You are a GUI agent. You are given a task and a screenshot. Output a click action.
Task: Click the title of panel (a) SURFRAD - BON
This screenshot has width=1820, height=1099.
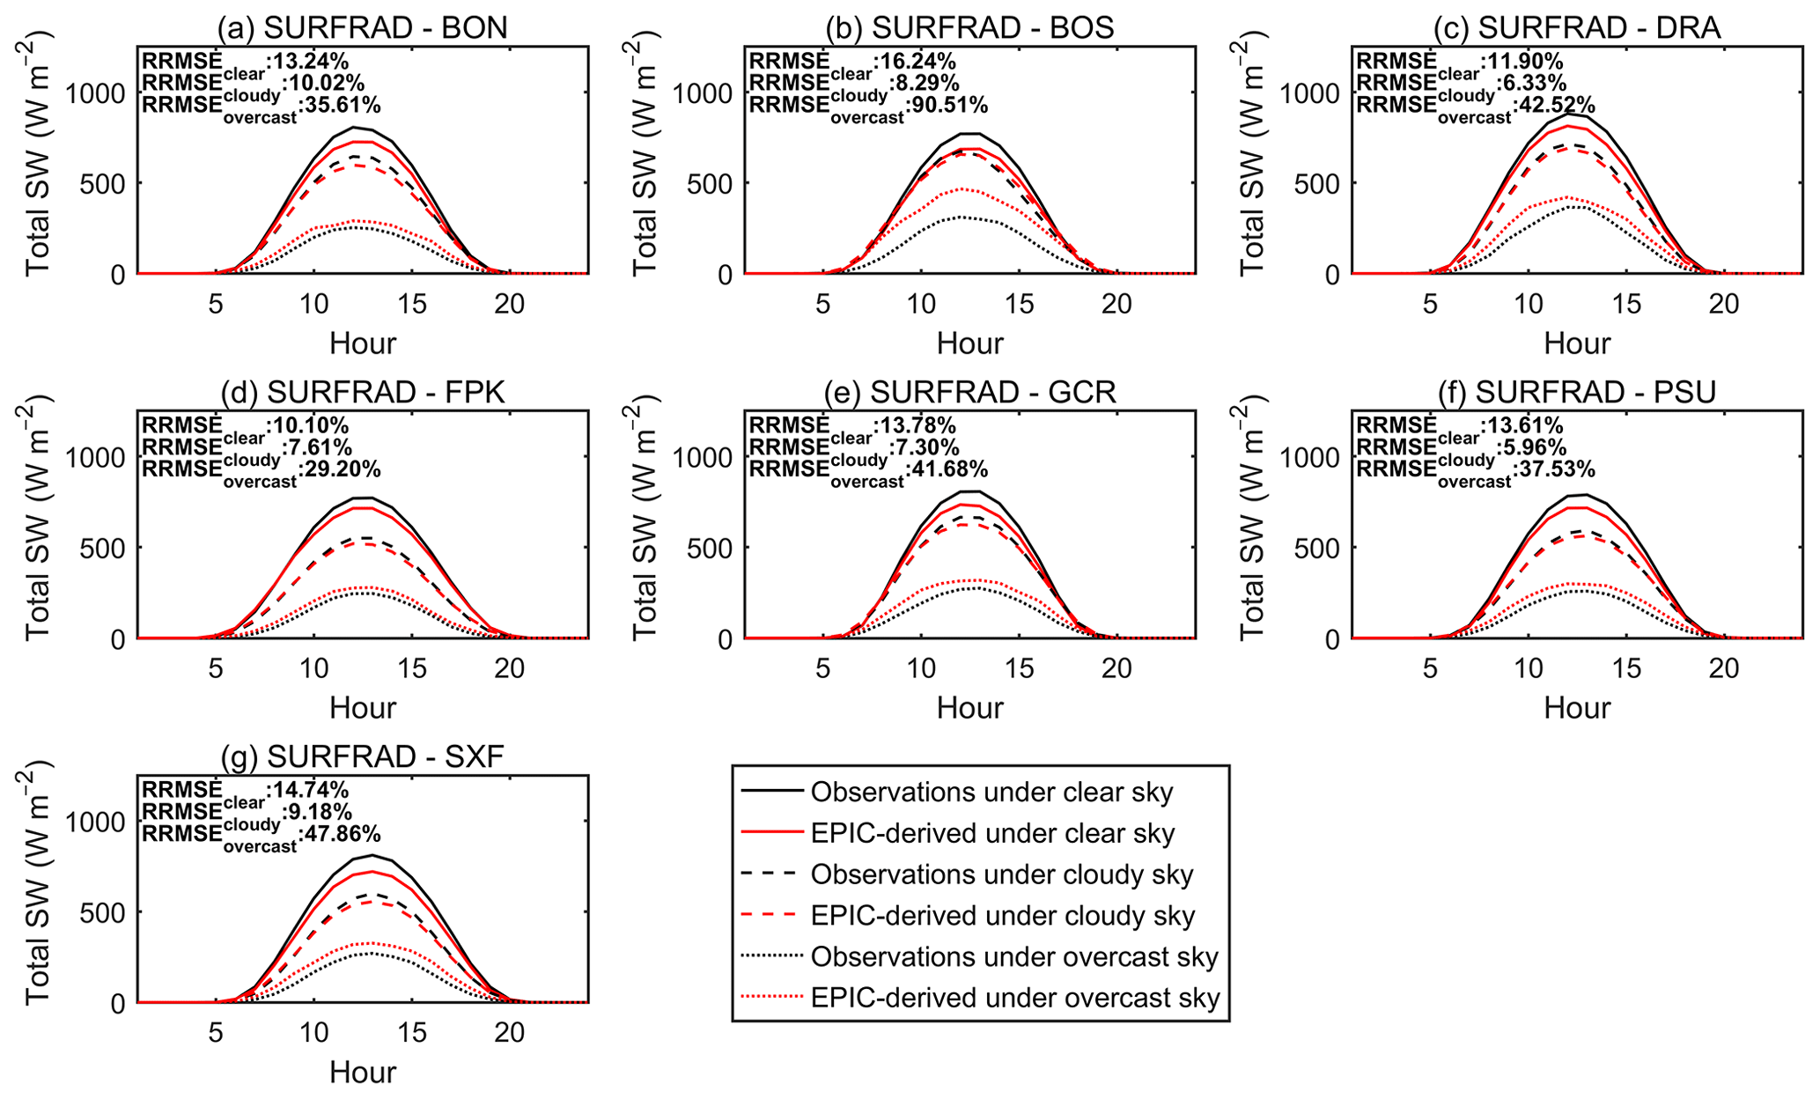pos(363,27)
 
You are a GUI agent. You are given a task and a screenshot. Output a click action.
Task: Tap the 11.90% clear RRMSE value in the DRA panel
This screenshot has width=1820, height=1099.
pos(1522,62)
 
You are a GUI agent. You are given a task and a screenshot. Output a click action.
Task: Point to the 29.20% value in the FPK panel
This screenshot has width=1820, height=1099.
pos(341,469)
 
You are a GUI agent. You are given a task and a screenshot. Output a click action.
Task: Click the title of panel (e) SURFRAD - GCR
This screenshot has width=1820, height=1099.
pos(969,392)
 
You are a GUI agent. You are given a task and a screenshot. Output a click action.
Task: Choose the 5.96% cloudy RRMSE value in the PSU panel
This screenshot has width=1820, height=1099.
pos(1535,447)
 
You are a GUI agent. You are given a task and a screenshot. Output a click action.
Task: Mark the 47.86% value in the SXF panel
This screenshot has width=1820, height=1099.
pos(341,834)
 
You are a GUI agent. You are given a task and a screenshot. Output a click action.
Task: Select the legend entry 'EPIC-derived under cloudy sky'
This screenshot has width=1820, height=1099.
pos(1002,916)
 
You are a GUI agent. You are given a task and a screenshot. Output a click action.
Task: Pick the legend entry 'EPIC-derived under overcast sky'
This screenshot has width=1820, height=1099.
pos(1014,998)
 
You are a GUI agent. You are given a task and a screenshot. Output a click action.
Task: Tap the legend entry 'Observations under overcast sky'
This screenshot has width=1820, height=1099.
pos(1013,956)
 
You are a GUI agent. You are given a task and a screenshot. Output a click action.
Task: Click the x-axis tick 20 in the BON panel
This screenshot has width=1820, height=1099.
pos(509,304)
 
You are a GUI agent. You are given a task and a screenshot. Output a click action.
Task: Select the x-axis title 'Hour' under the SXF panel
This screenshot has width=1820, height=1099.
pos(363,1072)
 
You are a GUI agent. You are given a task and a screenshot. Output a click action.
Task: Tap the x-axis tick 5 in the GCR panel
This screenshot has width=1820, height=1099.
pos(822,668)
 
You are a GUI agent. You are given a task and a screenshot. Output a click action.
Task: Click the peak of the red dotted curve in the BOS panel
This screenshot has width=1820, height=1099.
pos(962,189)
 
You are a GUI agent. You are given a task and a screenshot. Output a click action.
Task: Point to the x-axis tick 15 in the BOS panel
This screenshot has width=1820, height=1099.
pos(1019,304)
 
